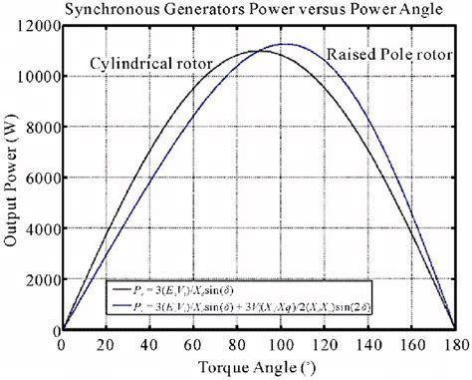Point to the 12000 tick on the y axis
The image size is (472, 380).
[38, 24]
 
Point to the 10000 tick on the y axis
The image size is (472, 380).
[38, 76]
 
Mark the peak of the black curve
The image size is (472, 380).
[258, 51]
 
